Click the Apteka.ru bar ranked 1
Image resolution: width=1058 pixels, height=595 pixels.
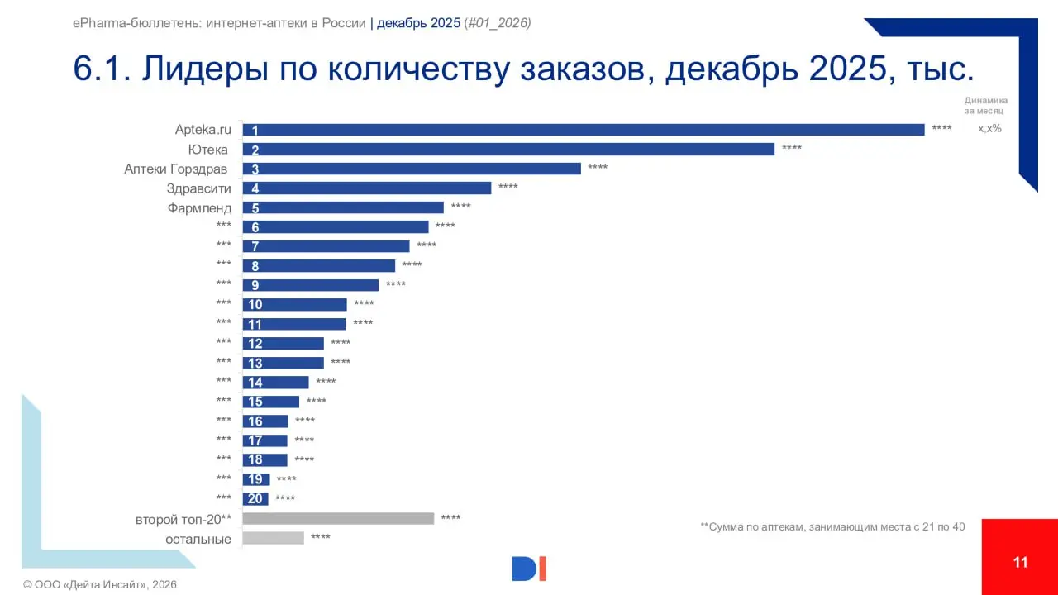[x=583, y=130]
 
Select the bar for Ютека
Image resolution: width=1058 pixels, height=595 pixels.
[x=508, y=150]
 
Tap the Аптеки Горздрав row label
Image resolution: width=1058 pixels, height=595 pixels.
[x=175, y=169]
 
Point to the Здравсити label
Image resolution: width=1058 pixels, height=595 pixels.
[x=199, y=188]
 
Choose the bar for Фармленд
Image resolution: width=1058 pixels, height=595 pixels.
[x=343, y=208]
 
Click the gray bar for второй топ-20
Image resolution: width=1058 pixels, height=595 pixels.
[x=338, y=518]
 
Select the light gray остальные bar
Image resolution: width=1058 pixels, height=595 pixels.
[x=274, y=538]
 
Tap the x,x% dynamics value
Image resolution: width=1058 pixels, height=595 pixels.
[x=989, y=128]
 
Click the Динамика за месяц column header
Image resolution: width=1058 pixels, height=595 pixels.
[x=985, y=105]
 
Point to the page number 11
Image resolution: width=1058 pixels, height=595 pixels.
[x=1020, y=563]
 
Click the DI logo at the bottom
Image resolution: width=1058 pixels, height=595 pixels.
[x=529, y=569]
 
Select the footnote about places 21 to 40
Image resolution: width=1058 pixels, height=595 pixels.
[x=832, y=526]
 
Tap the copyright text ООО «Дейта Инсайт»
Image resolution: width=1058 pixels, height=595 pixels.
[x=100, y=585]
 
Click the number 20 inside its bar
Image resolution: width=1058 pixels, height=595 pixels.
[x=255, y=499]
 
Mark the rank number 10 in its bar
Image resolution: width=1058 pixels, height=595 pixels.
[x=255, y=305]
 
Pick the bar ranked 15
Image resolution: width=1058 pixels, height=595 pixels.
[x=271, y=402]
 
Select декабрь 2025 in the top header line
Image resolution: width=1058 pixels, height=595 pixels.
[x=418, y=23]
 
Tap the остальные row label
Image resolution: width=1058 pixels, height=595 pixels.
[x=198, y=539]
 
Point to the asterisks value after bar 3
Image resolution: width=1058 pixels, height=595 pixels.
[x=598, y=169]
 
